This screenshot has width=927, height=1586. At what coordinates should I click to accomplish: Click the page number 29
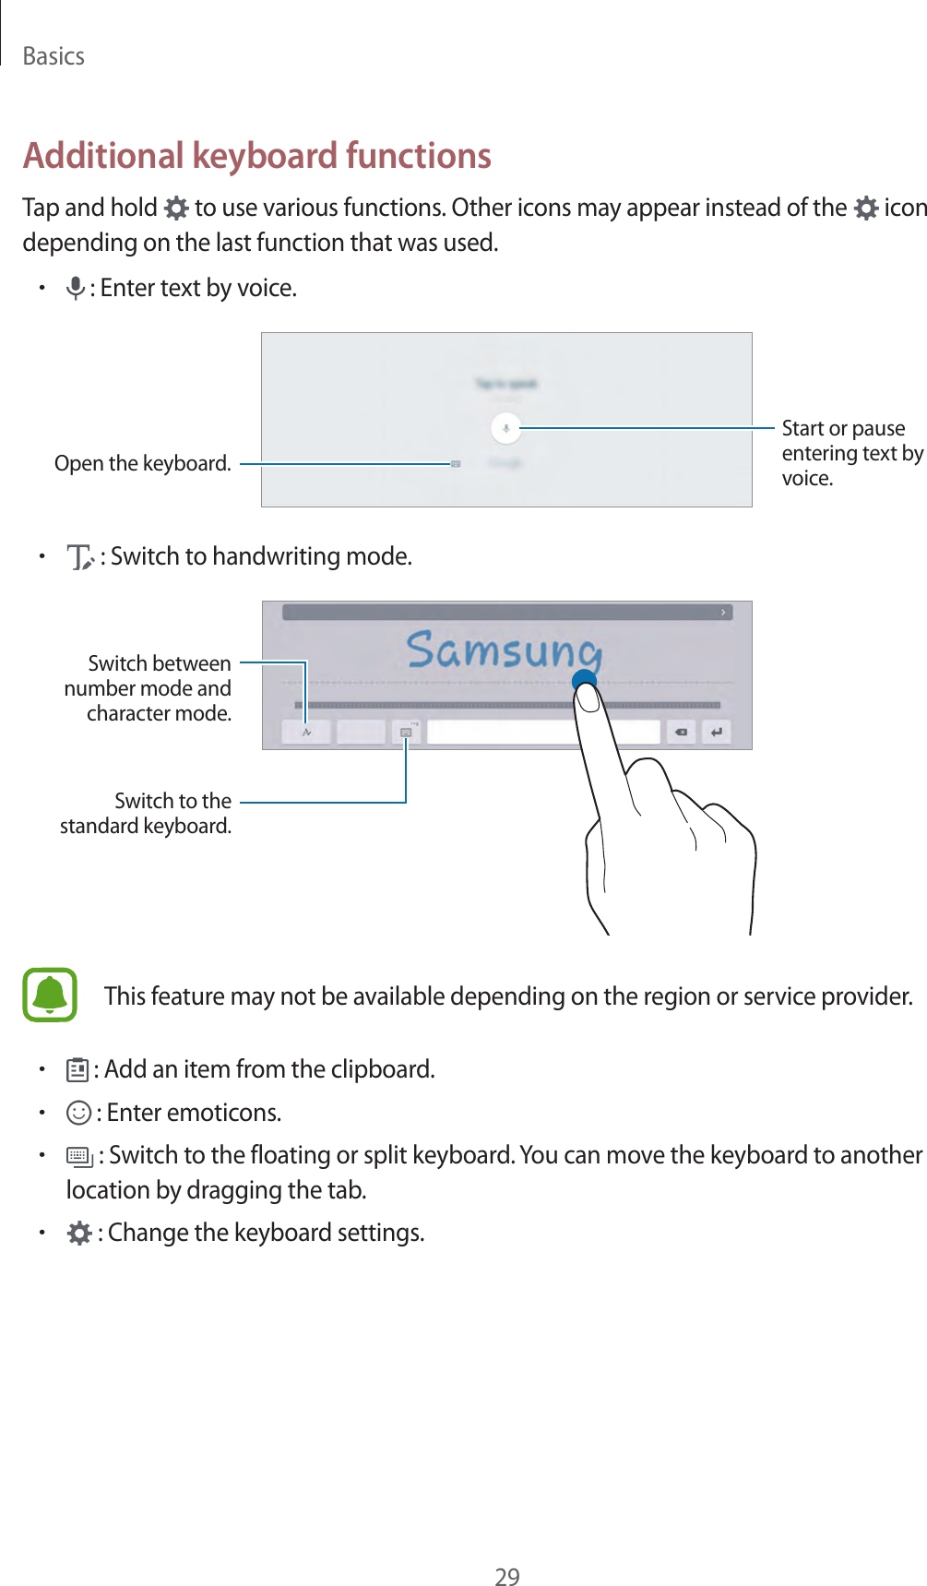[507, 1577]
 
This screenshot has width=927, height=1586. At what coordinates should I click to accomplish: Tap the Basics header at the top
[53, 56]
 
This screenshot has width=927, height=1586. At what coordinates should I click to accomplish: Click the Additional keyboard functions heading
[257, 155]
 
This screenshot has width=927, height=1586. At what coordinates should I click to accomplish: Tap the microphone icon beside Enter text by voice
[76, 289]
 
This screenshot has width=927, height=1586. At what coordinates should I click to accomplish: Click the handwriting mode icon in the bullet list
[81, 557]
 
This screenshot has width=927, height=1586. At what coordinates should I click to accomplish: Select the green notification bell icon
[50, 995]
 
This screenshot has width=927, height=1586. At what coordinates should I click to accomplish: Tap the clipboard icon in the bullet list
[77, 1070]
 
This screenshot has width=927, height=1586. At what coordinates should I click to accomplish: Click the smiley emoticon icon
[79, 1114]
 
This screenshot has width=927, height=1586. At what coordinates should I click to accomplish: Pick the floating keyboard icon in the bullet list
[79, 1157]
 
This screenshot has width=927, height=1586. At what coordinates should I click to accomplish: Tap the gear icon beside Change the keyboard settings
[79, 1234]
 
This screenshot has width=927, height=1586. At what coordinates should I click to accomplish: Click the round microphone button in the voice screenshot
[505, 428]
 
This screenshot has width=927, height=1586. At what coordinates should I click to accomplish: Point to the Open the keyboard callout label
[143, 463]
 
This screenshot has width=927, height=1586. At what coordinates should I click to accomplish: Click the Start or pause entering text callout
[850, 453]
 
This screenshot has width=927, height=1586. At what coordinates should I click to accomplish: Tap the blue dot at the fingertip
[584, 682]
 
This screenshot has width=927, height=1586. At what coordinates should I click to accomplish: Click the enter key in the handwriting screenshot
[716, 733]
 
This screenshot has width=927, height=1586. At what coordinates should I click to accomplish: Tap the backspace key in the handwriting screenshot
[681, 733]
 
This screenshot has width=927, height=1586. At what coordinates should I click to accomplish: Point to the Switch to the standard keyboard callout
[146, 813]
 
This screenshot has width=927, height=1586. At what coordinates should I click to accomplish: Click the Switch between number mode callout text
[149, 688]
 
